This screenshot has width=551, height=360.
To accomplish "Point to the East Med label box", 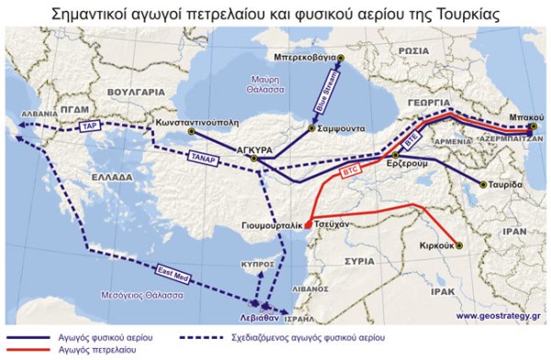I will click(173, 273).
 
